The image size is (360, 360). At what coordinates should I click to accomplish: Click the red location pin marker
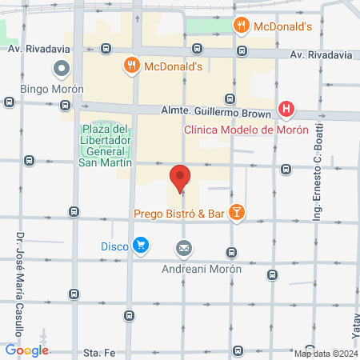tap(180, 178)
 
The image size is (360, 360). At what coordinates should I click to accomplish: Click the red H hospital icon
tap(286, 110)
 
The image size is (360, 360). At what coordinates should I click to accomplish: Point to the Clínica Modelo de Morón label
tap(246, 130)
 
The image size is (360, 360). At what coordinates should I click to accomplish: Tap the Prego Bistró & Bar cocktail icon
tap(237, 212)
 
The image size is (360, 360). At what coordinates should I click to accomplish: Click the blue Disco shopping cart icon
tap(141, 245)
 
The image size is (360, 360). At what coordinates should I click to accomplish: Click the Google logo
tap(27, 350)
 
